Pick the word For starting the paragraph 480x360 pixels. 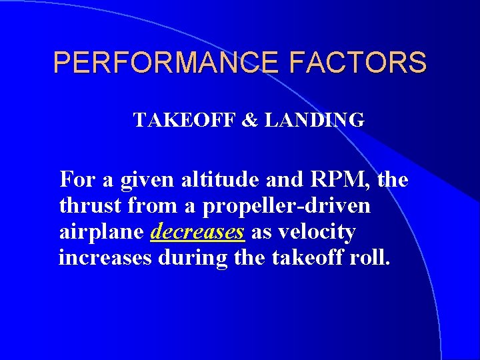coord(76,179)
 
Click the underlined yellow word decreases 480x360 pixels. coord(199,233)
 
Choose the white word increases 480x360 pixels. coord(105,259)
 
